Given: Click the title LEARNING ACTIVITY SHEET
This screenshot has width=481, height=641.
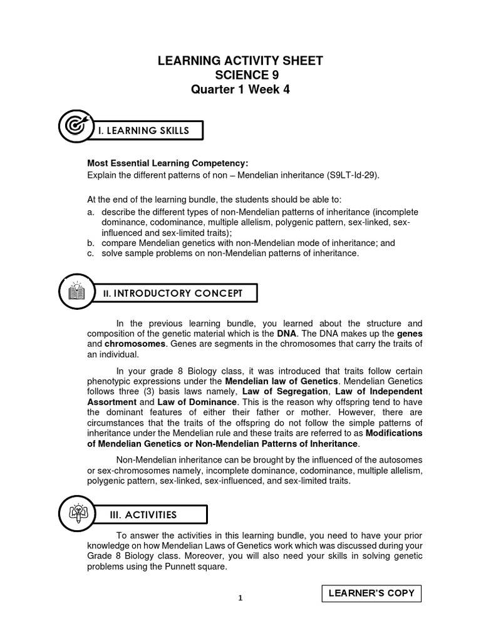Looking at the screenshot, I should coord(240,61).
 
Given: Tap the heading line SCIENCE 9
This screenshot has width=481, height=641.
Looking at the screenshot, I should coord(240,75).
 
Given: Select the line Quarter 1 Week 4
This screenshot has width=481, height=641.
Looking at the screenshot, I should coord(240,90).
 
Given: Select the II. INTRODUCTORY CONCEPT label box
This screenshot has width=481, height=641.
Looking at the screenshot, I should coord(177,294).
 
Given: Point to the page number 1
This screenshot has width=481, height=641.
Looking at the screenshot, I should coord(240,598).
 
